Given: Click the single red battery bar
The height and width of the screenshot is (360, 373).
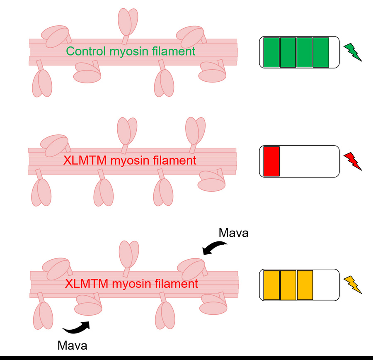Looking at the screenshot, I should (272, 161).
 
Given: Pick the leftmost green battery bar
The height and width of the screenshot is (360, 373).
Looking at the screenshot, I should (271, 52).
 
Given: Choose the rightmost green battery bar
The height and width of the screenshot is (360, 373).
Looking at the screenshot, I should (321, 52).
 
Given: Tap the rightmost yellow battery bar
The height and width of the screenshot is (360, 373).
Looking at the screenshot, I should (305, 285).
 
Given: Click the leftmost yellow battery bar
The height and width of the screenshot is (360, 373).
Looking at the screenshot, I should (272, 285).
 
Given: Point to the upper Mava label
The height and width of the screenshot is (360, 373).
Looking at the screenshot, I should (233, 233).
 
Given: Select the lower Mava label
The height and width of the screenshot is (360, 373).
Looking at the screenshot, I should (73, 345).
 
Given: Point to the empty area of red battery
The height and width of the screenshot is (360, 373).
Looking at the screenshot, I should (309, 161).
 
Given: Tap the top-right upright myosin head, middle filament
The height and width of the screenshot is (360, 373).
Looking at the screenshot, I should (195, 130).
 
